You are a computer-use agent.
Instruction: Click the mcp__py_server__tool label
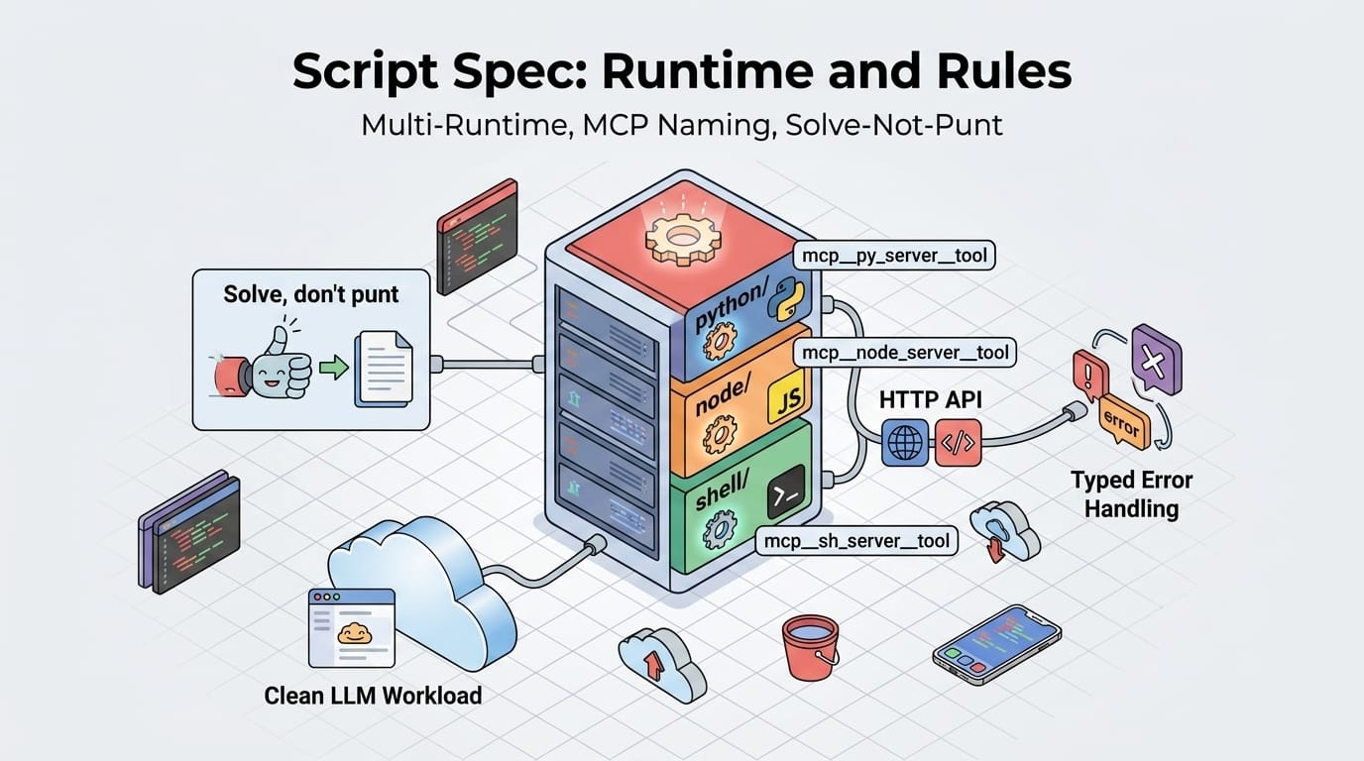[894, 256]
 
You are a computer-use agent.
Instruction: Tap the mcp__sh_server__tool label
[855, 541]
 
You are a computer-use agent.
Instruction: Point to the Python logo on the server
[790, 296]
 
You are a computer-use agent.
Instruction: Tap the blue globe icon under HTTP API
[904, 443]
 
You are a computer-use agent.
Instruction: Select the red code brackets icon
[958, 443]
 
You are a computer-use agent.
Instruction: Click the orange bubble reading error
[1123, 423]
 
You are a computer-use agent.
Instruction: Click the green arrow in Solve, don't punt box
[336, 369]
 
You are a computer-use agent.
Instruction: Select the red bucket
[810, 645]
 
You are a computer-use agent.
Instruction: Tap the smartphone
[996, 644]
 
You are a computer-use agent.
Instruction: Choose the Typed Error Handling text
[1131, 494]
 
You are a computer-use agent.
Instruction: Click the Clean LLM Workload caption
[373, 696]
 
